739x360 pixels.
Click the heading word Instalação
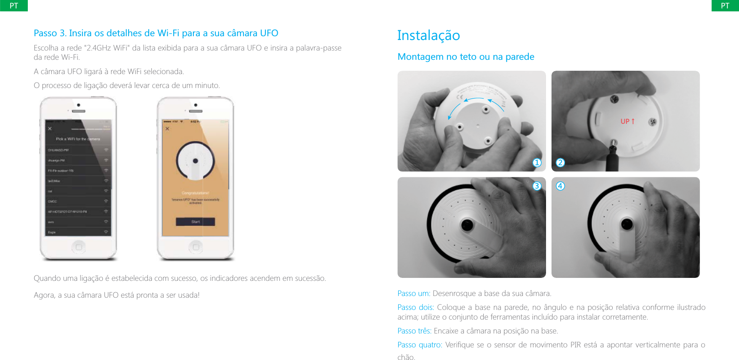tap(428, 35)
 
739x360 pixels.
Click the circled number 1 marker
tap(537, 163)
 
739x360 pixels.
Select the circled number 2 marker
tap(560, 163)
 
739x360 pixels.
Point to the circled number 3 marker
tap(537, 186)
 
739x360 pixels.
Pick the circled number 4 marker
tap(560, 186)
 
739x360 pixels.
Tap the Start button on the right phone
tap(195, 221)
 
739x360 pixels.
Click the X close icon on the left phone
tap(50, 128)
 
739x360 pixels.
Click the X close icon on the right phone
tap(167, 128)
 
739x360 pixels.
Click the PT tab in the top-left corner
tap(14, 5)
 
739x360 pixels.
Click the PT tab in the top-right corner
tap(725, 5)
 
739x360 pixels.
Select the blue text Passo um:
tap(414, 293)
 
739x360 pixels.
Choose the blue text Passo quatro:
tap(420, 345)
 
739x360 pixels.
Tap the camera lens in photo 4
tap(627, 224)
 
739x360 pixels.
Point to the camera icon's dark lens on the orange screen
tap(195, 161)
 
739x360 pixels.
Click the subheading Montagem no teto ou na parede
tap(466, 56)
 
